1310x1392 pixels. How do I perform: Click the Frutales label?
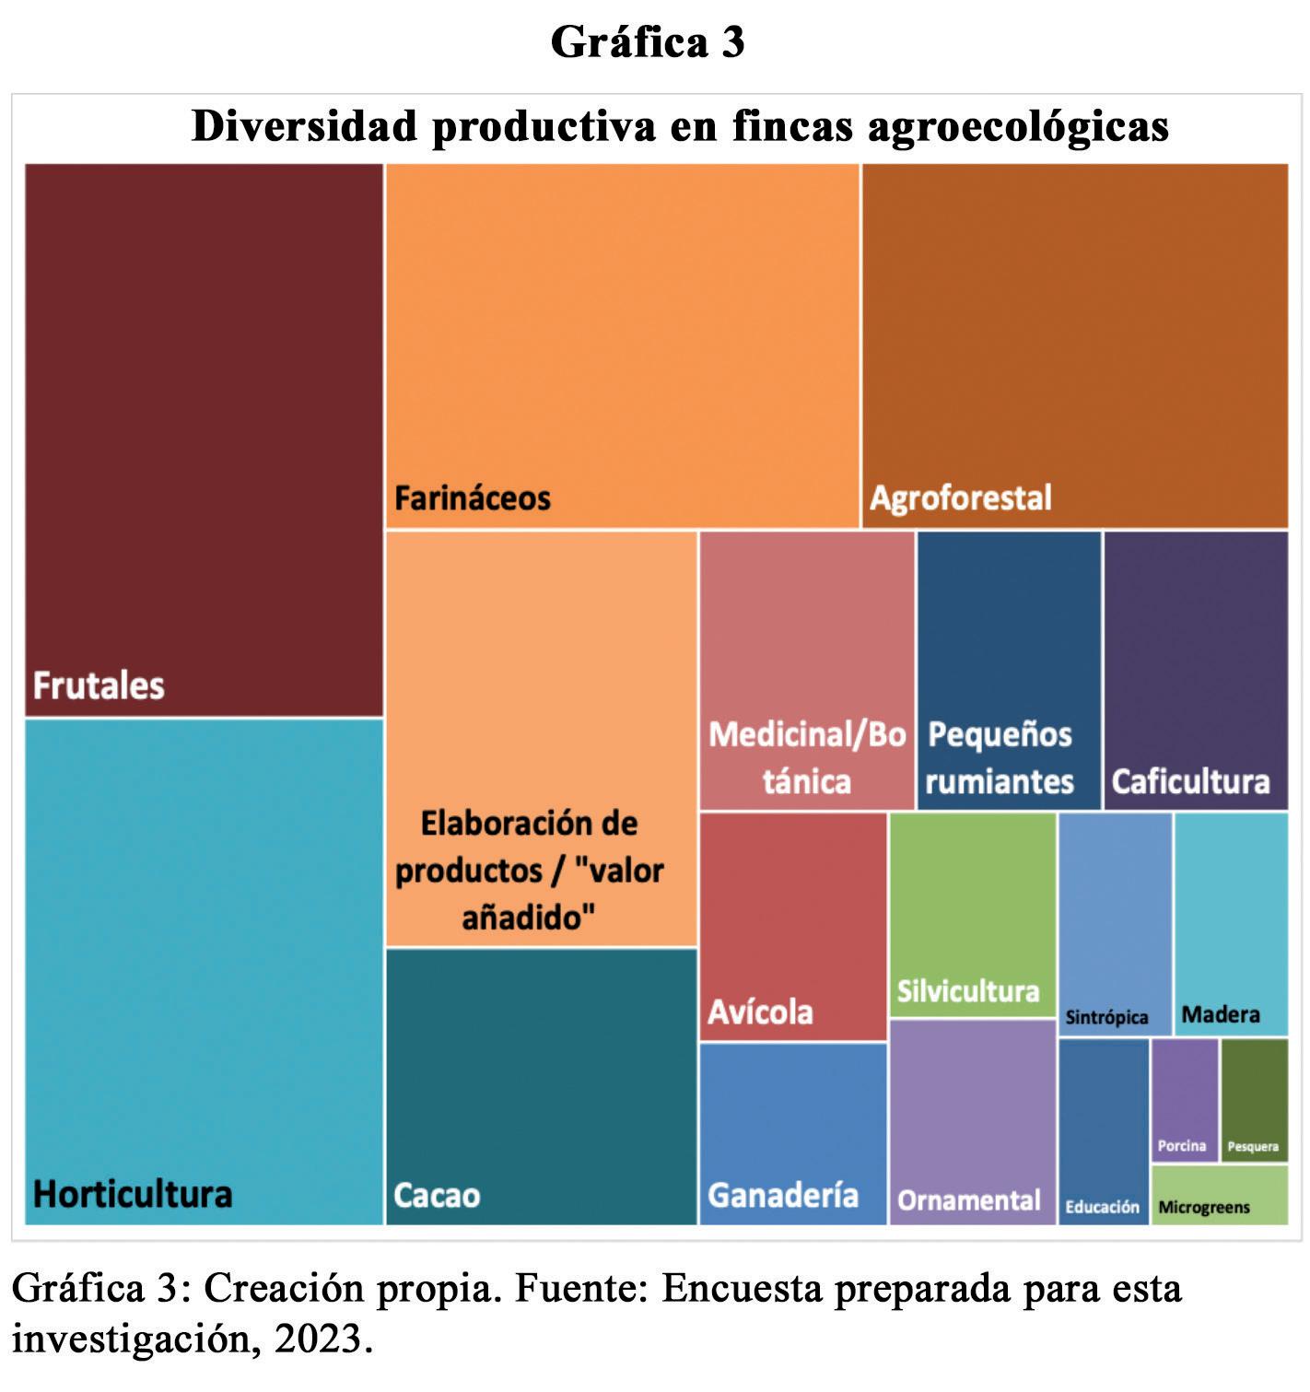(99, 685)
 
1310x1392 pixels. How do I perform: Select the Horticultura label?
(133, 1194)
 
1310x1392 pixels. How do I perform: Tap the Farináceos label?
(473, 498)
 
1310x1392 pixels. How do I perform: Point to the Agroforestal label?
(960, 498)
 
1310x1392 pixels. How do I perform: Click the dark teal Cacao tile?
(541, 1086)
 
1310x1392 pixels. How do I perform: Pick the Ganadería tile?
(793, 1133)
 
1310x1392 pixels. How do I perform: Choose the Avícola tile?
(793, 926)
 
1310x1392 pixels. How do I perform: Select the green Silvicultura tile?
(972, 915)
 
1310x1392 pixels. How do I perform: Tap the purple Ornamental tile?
(972, 1122)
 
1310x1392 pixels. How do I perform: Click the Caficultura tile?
(1196, 670)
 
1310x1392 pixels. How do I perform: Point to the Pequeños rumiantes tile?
(1009, 670)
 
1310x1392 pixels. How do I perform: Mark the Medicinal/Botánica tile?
(807, 670)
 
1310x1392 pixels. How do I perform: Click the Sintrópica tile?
(1115, 924)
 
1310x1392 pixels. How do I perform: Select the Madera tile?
(1231, 924)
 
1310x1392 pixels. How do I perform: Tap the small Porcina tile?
(1185, 1100)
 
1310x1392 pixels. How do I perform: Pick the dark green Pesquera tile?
(1255, 1100)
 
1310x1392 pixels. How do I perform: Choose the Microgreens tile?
(1220, 1195)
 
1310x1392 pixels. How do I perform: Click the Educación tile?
(1104, 1131)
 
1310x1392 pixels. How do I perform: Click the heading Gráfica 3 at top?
(647, 42)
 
